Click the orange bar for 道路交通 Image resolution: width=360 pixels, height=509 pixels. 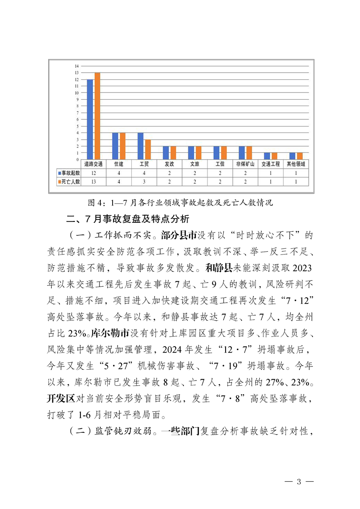pos(97,116)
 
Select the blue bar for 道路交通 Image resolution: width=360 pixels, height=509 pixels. pos(90,119)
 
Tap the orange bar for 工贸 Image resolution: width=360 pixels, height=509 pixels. pos(148,149)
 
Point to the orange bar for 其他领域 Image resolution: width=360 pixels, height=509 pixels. pos(300,156)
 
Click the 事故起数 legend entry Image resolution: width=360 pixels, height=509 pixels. pos(69,173)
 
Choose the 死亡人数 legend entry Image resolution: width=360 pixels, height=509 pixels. pos(69,181)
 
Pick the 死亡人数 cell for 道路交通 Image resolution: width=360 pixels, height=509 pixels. pos(93,181)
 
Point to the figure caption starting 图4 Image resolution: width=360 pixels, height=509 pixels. pos(180,202)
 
